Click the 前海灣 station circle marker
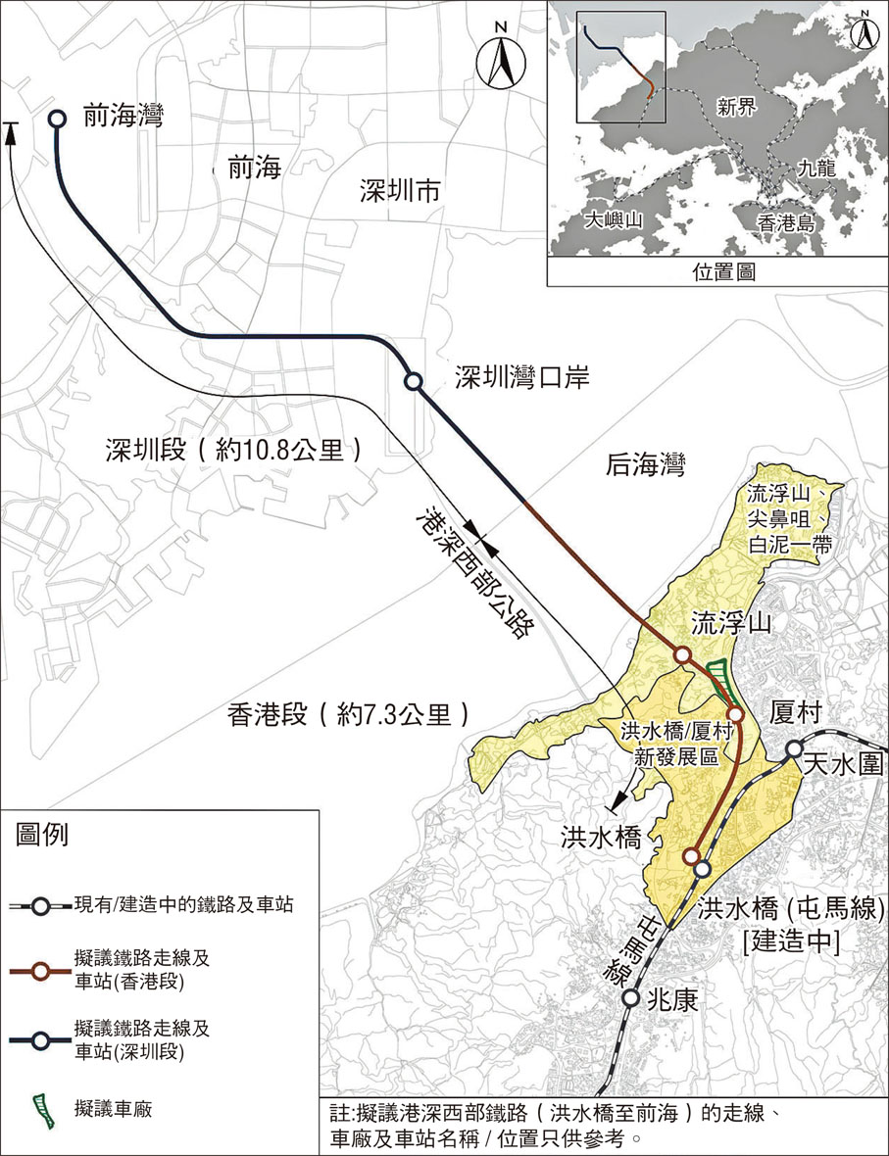pos(57,119)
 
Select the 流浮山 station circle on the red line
pos(682,654)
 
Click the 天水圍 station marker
pos(795,750)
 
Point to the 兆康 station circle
pos(632,999)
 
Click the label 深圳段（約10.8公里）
pos(234,451)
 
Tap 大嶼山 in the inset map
pos(612,219)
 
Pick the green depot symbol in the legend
pos(41,1110)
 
